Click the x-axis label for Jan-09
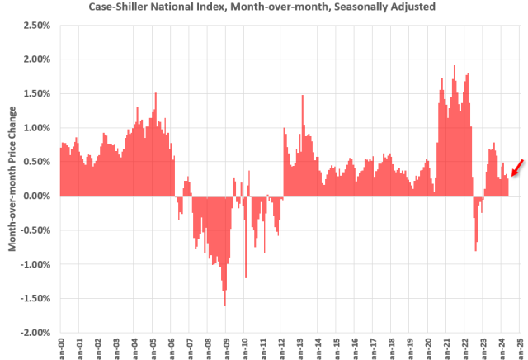[x=225, y=348]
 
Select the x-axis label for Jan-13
[x=299, y=348]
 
